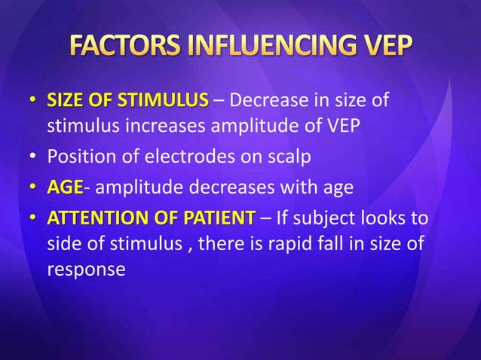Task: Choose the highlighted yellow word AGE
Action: click(65, 188)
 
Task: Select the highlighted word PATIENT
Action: click(218, 219)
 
